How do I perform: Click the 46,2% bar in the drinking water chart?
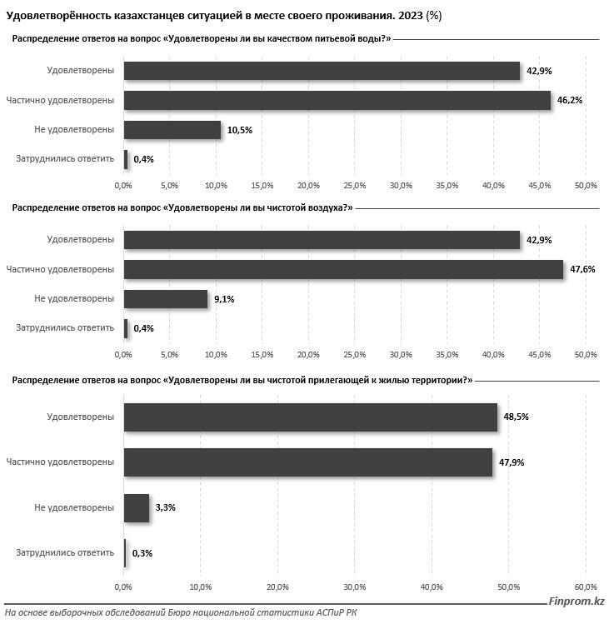(x=337, y=100)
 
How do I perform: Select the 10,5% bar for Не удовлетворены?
(x=172, y=129)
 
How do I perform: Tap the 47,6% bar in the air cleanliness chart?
(x=343, y=269)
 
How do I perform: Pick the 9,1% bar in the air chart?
(x=166, y=298)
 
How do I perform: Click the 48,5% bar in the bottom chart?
(x=310, y=417)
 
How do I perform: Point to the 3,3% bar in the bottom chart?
(x=137, y=507)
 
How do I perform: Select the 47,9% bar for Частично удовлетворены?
(x=307, y=462)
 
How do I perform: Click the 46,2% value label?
(x=570, y=100)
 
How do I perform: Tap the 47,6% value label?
(x=582, y=269)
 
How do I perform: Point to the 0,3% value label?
(x=142, y=552)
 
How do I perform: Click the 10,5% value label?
(x=239, y=129)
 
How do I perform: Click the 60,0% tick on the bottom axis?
(x=586, y=588)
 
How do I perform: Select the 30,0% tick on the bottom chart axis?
(x=355, y=588)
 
